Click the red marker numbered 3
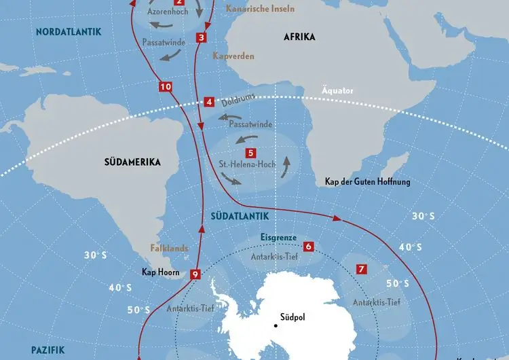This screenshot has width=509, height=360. (x=201, y=37)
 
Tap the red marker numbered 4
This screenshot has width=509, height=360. (x=209, y=103)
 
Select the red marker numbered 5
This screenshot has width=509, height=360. (x=250, y=154)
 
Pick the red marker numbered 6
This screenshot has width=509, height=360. (x=308, y=247)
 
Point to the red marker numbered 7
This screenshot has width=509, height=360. (x=362, y=270)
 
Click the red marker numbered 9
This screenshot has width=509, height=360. (x=195, y=274)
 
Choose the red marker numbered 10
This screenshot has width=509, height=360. (x=166, y=87)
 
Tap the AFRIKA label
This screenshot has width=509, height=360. (x=299, y=37)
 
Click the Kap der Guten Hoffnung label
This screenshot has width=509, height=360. (x=367, y=182)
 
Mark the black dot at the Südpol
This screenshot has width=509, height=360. (x=276, y=326)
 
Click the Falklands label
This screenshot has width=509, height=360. (x=169, y=249)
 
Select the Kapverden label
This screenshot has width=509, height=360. (x=233, y=56)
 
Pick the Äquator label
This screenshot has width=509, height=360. (x=337, y=91)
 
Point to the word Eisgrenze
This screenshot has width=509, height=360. (x=280, y=237)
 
